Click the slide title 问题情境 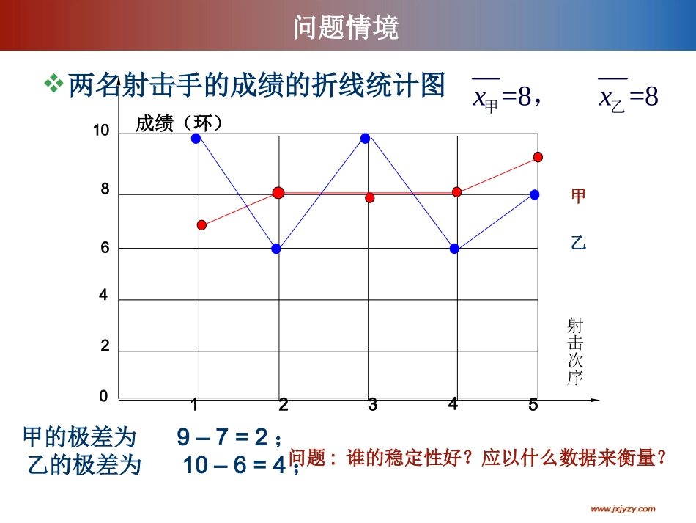click(x=347, y=28)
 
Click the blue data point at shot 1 click(x=196, y=138)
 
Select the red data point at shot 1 click(x=201, y=225)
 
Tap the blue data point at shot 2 click(x=276, y=249)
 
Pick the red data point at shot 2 click(x=278, y=193)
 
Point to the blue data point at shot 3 click(x=365, y=138)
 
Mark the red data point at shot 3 click(x=370, y=198)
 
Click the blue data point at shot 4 click(x=454, y=249)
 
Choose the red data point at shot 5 click(x=538, y=157)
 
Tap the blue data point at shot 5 click(x=535, y=194)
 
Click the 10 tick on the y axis click(x=101, y=131)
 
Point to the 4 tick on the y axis click(x=103, y=296)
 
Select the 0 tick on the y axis click(x=103, y=396)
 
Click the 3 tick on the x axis click(x=372, y=405)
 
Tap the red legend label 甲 click(x=578, y=196)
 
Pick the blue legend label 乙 click(x=578, y=244)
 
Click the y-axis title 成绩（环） click(x=179, y=123)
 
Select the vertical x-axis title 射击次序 click(x=574, y=351)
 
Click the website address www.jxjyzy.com click(x=623, y=508)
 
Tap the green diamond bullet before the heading click(x=53, y=85)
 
